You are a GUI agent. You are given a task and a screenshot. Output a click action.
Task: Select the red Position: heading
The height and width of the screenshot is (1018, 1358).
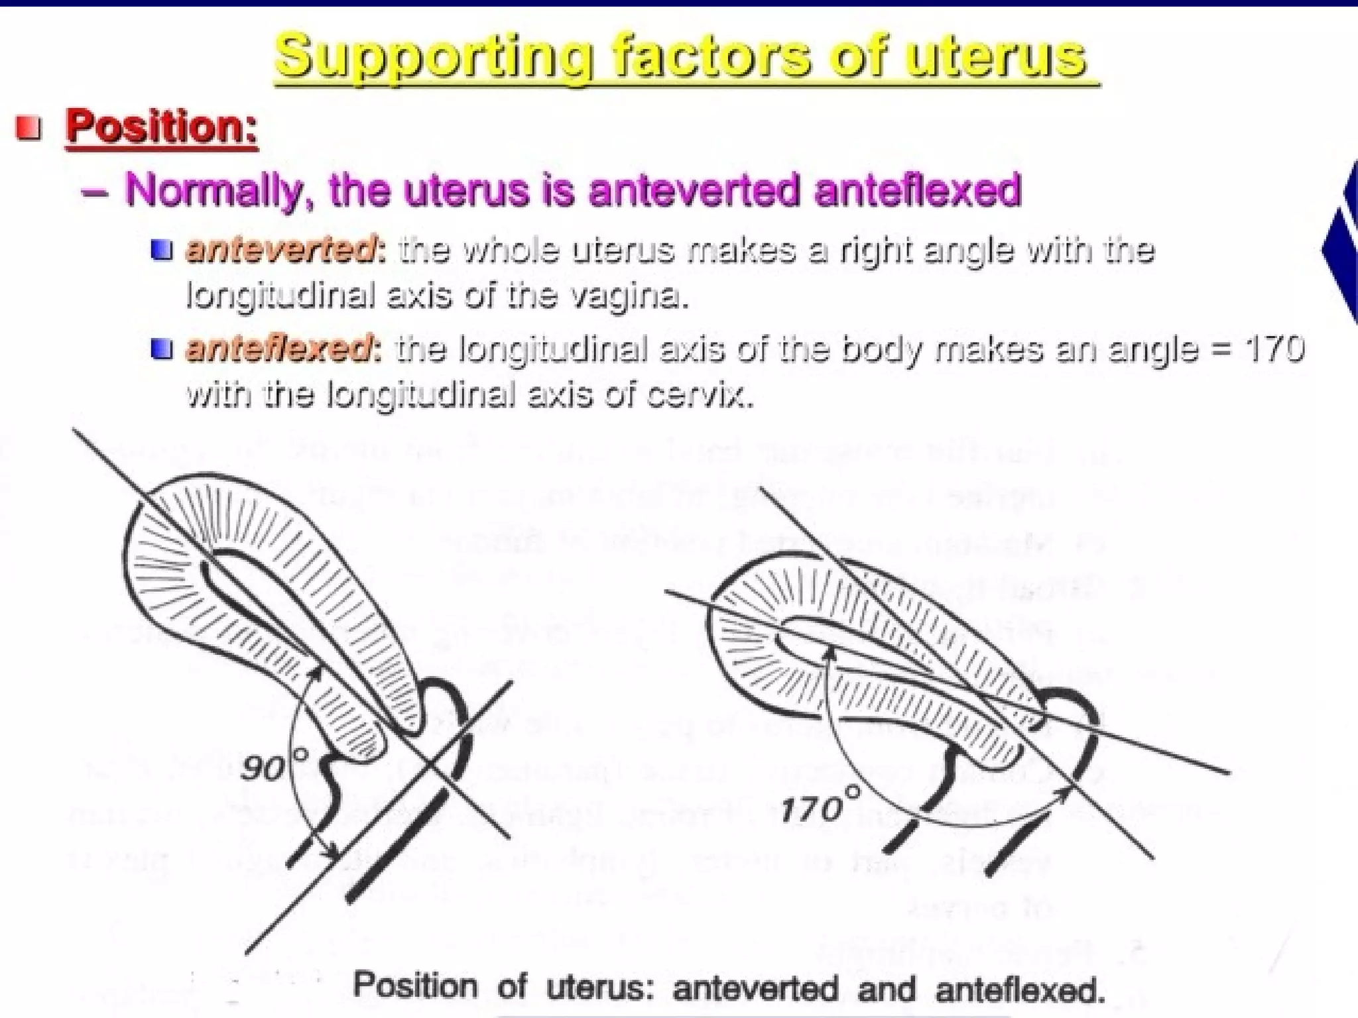coord(161,127)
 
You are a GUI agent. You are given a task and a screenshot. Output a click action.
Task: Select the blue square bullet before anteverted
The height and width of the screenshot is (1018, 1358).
coord(162,251)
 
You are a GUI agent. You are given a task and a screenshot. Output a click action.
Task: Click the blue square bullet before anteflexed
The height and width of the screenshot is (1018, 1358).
coord(162,349)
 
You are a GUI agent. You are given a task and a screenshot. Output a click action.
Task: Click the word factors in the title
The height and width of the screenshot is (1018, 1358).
coord(710,57)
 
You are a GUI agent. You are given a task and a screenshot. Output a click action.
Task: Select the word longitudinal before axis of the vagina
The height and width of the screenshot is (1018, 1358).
coord(278,296)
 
